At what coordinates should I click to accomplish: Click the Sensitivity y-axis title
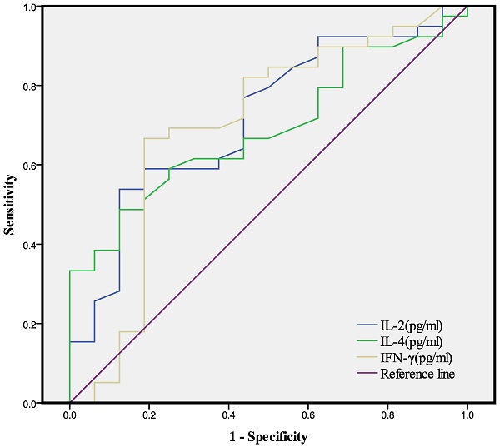tap(10, 205)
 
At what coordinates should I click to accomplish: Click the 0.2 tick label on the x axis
tap(149, 415)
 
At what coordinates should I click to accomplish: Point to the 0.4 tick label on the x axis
tap(228, 415)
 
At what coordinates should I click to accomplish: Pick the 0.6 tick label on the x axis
tap(307, 415)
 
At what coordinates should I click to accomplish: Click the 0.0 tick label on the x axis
tap(70, 415)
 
